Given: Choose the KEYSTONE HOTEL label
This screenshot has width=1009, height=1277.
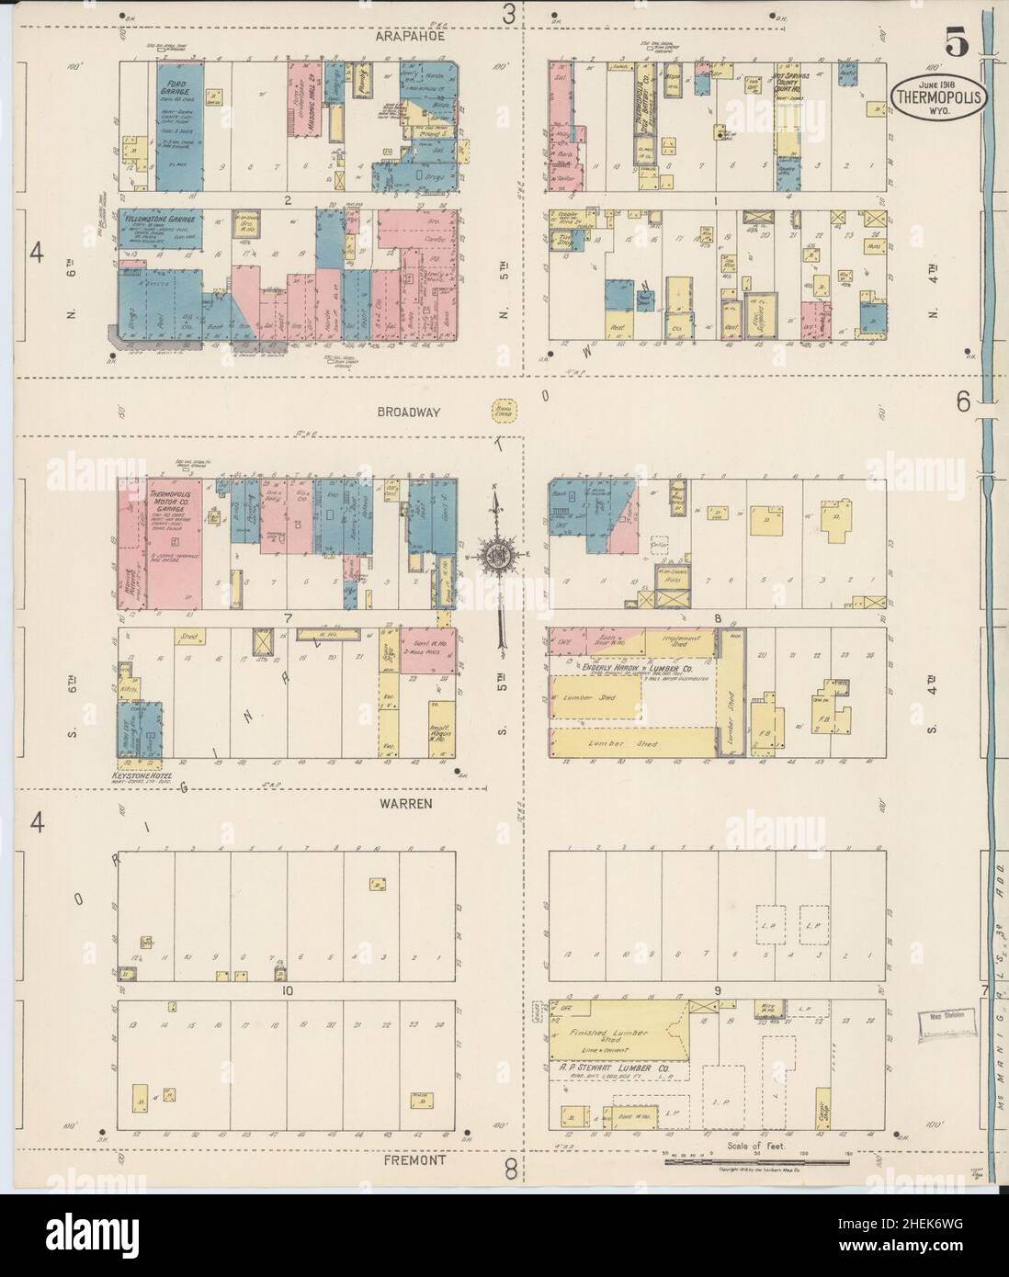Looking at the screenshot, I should pyautogui.click(x=150, y=774).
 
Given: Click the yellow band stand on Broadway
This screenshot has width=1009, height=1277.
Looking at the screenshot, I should pyautogui.click(x=503, y=411).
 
